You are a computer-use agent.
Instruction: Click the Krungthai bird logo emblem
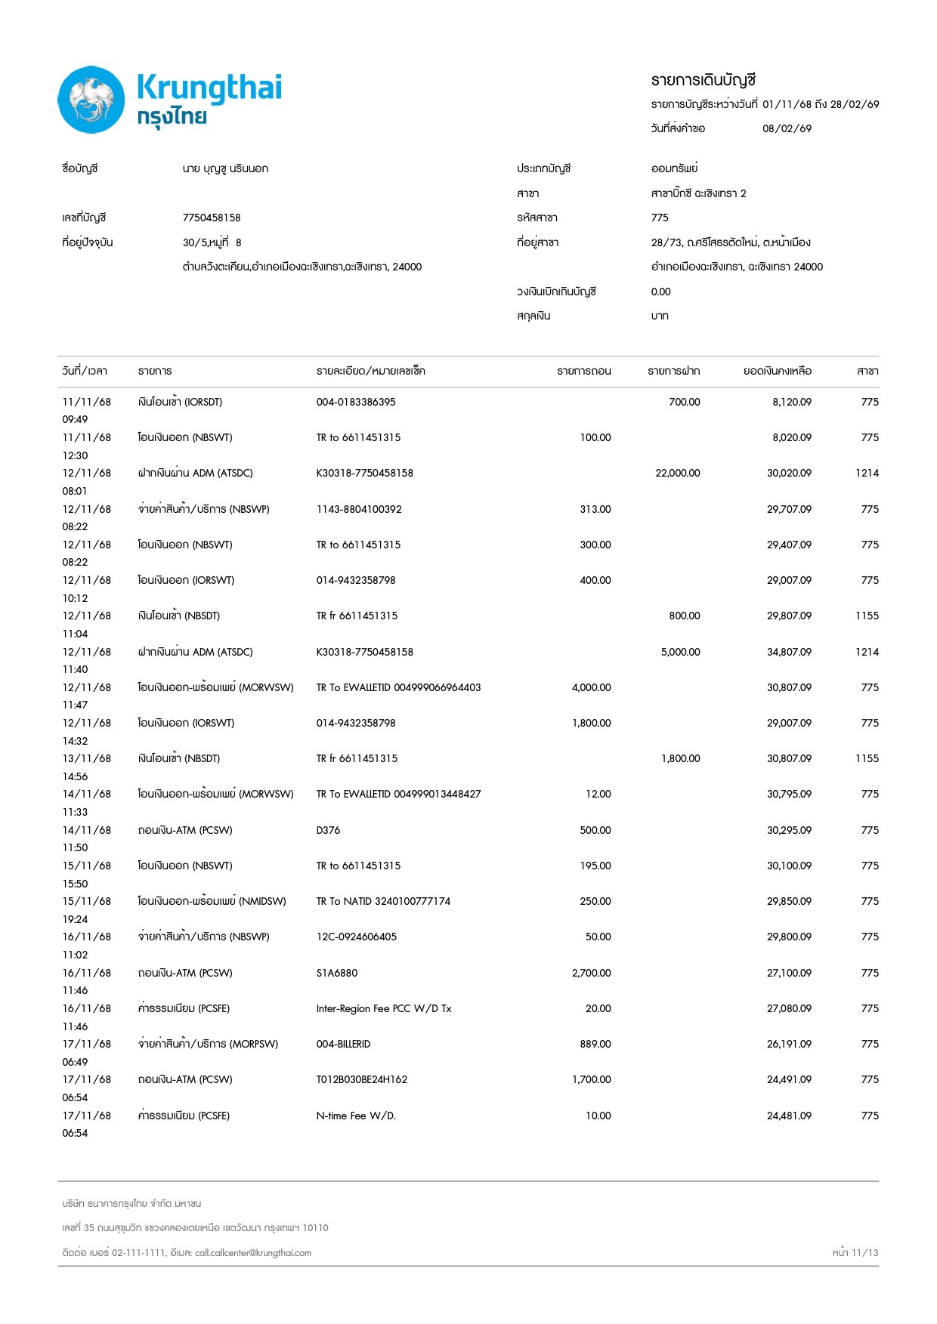click(91, 100)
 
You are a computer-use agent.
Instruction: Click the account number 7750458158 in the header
click(212, 218)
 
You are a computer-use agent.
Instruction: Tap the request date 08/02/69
click(787, 128)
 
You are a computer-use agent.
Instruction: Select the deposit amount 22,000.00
click(677, 473)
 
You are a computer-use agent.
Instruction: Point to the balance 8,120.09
click(791, 402)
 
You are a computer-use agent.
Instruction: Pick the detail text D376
click(328, 830)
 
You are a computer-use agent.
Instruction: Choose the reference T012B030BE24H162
click(361, 1079)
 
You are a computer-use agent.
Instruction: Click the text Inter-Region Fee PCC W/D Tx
click(383, 1008)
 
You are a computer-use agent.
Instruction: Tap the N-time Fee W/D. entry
click(356, 1116)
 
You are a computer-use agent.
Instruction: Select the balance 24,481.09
click(789, 1116)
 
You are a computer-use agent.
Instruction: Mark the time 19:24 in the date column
click(75, 919)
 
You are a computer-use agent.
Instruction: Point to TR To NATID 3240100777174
click(383, 901)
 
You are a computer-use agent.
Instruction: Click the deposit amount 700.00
click(684, 402)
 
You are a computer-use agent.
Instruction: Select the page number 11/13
click(864, 1252)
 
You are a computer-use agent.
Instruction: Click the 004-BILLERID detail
click(343, 1044)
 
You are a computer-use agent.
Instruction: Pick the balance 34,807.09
click(789, 652)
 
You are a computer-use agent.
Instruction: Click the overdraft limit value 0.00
click(660, 292)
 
